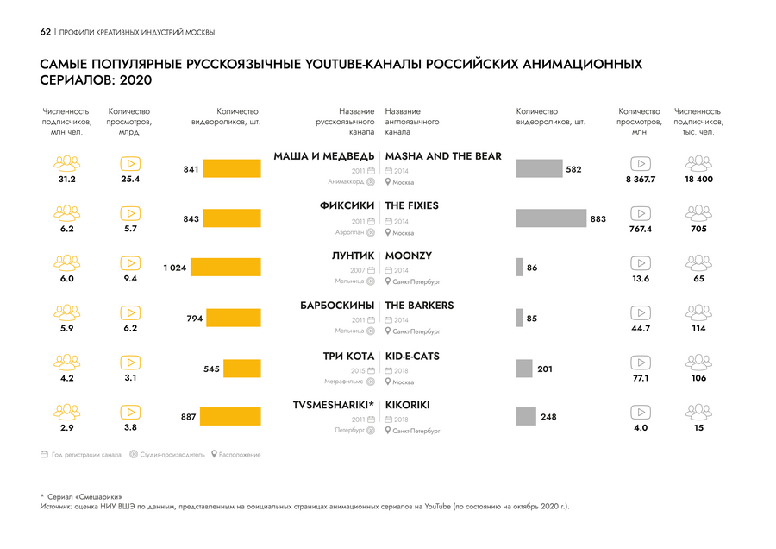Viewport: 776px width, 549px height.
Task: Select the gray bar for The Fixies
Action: [x=550, y=218]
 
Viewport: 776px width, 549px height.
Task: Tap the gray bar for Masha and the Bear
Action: [x=539, y=169]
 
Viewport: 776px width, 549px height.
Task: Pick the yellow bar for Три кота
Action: [x=242, y=369]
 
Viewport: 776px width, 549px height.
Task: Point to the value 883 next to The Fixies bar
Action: [x=598, y=219]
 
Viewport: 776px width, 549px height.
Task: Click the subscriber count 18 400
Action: [x=698, y=180]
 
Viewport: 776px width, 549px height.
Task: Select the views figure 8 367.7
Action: [x=641, y=180]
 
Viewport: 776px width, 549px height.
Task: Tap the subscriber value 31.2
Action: [x=66, y=180]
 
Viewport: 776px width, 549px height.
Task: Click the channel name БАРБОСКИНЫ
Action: [x=337, y=306]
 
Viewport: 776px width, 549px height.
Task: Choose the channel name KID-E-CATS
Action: [x=412, y=356]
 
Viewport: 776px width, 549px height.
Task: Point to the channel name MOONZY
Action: [x=409, y=256]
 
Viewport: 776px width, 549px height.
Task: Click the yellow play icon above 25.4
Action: [x=131, y=163]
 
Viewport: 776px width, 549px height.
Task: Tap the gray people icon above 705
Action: [x=698, y=213]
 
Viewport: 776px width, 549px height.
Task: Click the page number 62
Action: [x=46, y=32]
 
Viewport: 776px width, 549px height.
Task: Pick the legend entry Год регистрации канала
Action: [x=81, y=455]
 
